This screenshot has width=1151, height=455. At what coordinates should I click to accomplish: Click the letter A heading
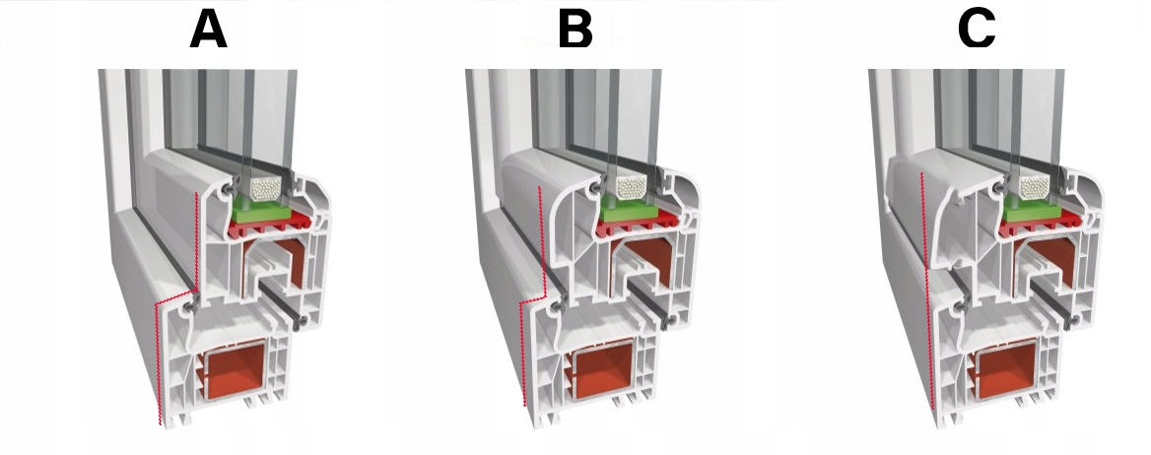pyautogui.click(x=208, y=30)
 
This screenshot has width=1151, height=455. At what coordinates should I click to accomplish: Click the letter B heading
pyautogui.click(x=575, y=30)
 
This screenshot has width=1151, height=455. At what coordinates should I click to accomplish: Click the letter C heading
pyautogui.click(x=977, y=30)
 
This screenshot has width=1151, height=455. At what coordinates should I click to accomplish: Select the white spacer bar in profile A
pyautogui.click(x=264, y=186)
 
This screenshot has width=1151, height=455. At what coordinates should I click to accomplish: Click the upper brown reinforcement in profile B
pyautogui.click(x=647, y=264)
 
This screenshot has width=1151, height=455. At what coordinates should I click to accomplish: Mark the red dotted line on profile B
pyautogui.click(x=522, y=355)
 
